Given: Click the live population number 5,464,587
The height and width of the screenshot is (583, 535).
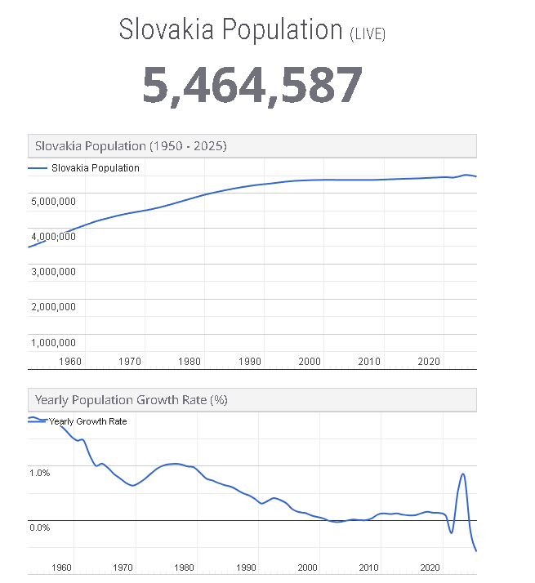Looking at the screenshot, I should click(x=252, y=85).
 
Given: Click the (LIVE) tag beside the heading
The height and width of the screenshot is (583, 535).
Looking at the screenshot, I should click(x=368, y=34).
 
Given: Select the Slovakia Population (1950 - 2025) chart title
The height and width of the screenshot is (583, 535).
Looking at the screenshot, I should click(x=131, y=146).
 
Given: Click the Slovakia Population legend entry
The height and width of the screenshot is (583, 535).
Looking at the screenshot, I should click(x=95, y=168).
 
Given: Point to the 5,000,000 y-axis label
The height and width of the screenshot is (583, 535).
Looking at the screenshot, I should click(x=53, y=201).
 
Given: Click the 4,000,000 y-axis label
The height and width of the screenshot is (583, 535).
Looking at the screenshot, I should click(x=53, y=236).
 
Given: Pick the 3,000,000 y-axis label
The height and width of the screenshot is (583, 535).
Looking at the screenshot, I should click(x=53, y=271).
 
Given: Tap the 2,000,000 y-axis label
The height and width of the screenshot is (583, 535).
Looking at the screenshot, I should click(x=53, y=307).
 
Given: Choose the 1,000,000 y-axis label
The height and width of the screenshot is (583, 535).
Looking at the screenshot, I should click(x=53, y=342).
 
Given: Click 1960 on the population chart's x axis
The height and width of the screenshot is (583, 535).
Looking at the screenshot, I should click(x=70, y=361).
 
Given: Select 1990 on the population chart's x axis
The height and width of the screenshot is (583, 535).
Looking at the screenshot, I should click(x=249, y=361).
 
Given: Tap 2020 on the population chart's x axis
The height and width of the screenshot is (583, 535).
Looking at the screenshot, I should click(x=429, y=361).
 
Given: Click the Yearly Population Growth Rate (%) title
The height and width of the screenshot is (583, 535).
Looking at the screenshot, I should click(x=131, y=400).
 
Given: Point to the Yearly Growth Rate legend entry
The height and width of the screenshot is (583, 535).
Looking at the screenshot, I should click(x=87, y=421).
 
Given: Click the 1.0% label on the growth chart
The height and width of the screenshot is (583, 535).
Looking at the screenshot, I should click(x=40, y=473).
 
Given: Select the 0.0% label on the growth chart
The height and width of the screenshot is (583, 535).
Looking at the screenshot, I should click(x=40, y=527).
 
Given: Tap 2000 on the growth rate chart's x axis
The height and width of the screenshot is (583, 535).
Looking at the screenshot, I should click(x=307, y=567).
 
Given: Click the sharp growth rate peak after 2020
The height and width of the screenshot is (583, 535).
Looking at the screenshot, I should click(x=463, y=474).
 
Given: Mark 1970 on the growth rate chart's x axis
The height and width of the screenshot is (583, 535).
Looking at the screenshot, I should click(x=123, y=567).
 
